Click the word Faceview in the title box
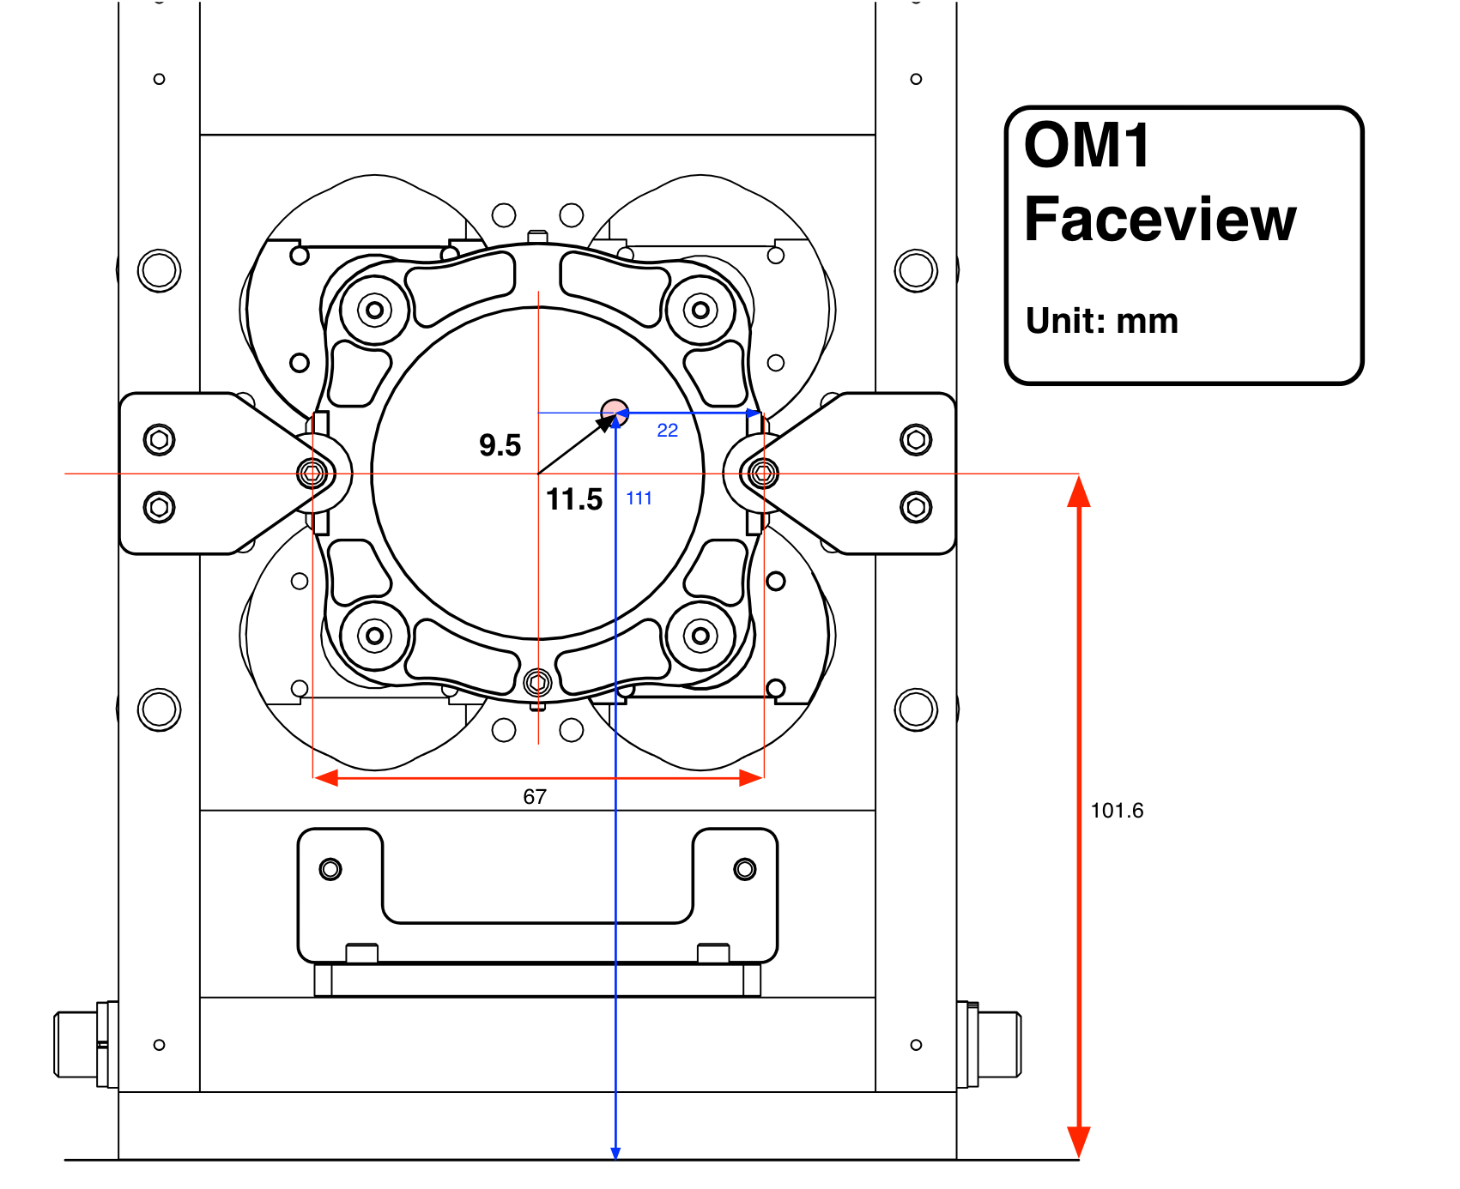[x=1160, y=220]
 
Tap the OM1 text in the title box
[x=1087, y=145]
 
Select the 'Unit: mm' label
[x=1102, y=321]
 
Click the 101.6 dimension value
[x=1117, y=811]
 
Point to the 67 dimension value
[x=535, y=797]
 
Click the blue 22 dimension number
[x=667, y=431]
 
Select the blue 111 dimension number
[x=639, y=498]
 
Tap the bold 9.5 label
[x=500, y=445]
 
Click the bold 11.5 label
[x=574, y=499]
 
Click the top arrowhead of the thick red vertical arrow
[x=1079, y=491]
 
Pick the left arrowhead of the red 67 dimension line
[x=326, y=778]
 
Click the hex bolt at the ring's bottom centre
[x=537, y=683]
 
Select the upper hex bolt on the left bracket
[x=159, y=440]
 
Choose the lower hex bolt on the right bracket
[x=916, y=508]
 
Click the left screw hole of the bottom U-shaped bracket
[x=330, y=869]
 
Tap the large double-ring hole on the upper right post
[x=916, y=271]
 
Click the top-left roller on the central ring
[x=374, y=310]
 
